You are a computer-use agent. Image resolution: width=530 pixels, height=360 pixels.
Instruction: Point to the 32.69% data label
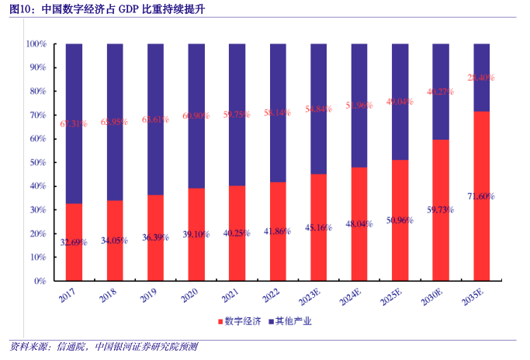pos(74,243)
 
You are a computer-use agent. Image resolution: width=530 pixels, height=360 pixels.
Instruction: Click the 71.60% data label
pos(481,196)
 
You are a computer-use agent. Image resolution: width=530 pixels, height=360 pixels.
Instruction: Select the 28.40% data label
pos(481,78)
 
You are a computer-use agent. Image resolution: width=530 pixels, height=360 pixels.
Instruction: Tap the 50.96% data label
pos(400,220)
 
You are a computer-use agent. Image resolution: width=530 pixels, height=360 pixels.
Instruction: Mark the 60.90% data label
pos(196,116)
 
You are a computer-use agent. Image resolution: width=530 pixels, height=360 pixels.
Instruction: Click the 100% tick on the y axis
pos(36,44)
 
